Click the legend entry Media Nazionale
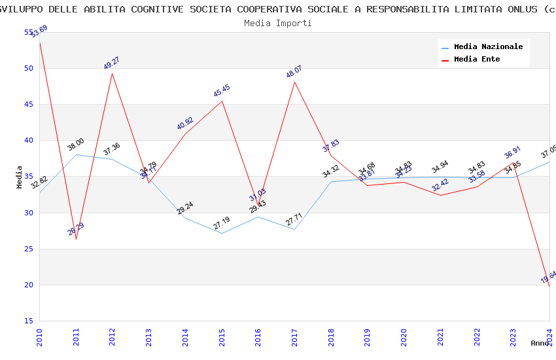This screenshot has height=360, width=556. point(488,47)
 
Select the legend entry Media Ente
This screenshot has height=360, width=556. point(477,60)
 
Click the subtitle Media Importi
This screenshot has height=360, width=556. point(278,23)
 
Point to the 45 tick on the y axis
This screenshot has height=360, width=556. point(29,104)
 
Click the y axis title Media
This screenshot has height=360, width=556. point(20,177)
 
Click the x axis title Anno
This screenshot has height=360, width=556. point(540,343)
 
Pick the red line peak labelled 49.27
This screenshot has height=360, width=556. point(113,73)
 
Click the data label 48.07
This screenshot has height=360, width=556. point(294,71)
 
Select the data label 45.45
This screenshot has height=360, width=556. point(222,91)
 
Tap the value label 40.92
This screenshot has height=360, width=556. point(185,124)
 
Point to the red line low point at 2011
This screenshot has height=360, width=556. point(76,239)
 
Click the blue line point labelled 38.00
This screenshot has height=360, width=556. point(76,154)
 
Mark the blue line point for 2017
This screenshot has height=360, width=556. point(294,229)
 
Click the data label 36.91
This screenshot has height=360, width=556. point(513,154)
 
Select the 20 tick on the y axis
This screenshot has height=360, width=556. point(29,285)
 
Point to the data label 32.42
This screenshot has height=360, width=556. point(440,187)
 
